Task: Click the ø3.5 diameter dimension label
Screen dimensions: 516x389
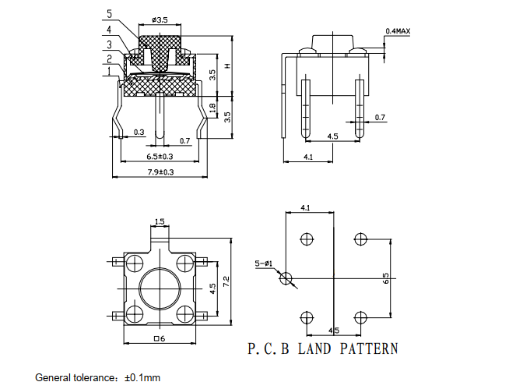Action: coord(160,19)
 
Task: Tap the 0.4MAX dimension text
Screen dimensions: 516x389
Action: coord(398,31)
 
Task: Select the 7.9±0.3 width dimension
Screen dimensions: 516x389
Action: coord(160,172)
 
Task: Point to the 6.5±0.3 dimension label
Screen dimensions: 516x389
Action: coord(160,156)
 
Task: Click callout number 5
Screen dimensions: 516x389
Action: coord(110,14)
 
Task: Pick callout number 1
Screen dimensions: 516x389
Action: coord(109,71)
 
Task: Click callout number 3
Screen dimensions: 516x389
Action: coord(110,44)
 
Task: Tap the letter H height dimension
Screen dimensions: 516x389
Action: coord(227,66)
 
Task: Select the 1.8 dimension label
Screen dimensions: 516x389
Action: coord(212,108)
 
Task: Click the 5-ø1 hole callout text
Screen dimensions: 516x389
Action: coord(264,263)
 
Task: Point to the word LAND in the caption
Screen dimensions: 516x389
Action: coord(314,348)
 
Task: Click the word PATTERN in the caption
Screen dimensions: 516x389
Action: coord(369,348)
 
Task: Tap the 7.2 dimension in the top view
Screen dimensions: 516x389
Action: coord(226,281)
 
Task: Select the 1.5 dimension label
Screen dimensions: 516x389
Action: coord(160,221)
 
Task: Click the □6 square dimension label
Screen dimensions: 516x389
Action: coord(160,338)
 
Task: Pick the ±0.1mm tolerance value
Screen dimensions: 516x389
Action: coord(142,377)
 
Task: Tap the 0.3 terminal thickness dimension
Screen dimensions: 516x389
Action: coord(139,133)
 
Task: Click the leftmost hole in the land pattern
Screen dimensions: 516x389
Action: coord(286,278)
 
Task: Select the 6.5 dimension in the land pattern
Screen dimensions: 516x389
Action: coord(386,278)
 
